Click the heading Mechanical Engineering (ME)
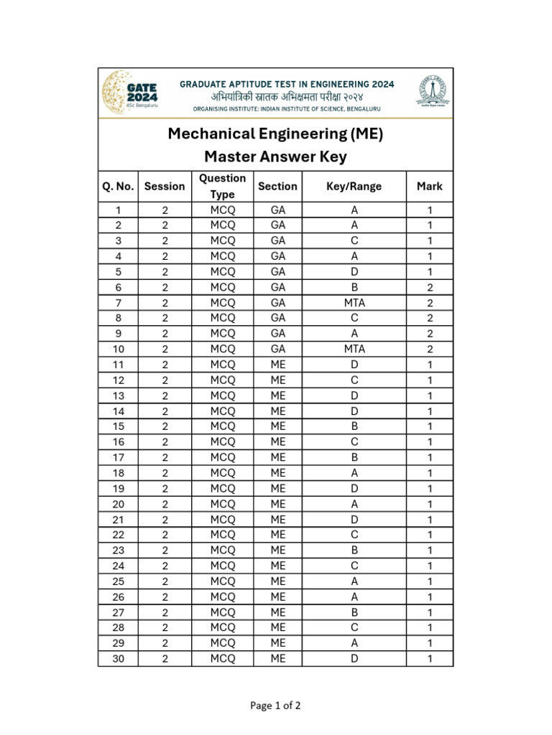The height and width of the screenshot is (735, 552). pos(275,134)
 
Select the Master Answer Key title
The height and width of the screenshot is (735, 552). pos(275,156)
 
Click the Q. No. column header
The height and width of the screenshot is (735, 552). pos(118,187)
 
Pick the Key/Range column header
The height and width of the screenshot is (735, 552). pos(354,187)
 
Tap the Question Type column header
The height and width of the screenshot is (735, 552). pos(222,187)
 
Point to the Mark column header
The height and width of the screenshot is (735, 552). pos(429,187)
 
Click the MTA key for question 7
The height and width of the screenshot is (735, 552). pos(354,303)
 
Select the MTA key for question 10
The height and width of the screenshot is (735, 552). pos(354,350)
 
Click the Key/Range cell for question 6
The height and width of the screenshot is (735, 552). pos(354,287)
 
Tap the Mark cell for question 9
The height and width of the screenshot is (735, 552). pos(430,334)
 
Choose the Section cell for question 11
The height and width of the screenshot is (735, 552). pos(278,365)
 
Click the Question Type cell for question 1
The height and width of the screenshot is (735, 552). pos(222,210)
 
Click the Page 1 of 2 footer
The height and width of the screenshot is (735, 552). pos(275,706)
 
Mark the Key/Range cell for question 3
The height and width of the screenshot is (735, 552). pos(354,240)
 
